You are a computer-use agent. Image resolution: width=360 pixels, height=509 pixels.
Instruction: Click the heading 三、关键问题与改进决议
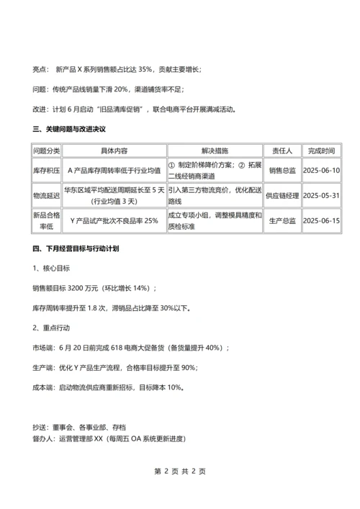click(69, 130)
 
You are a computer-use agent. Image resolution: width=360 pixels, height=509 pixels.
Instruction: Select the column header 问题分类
click(47, 151)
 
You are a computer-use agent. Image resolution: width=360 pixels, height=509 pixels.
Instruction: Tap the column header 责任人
click(282, 151)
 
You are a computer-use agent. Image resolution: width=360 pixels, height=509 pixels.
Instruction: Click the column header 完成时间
click(321, 151)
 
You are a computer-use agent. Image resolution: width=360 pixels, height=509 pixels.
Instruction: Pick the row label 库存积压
click(47, 171)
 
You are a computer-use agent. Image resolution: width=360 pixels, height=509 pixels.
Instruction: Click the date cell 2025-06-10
click(321, 171)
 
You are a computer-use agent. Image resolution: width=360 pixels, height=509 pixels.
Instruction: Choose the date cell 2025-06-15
click(321, 220)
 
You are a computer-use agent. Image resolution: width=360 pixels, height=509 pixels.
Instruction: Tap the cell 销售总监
click(282, 171)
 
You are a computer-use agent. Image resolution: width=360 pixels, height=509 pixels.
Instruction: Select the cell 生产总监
click(282, 220)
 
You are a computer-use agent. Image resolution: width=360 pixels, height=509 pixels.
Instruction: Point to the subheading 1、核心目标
click(51, 268)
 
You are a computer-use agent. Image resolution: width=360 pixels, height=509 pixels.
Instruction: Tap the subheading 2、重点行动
click(51, 328)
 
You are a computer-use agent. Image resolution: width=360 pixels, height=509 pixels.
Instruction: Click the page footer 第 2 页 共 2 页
click(180, 471)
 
